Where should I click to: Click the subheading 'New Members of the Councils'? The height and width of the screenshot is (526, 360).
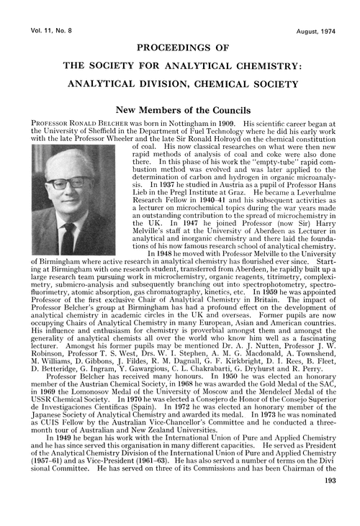pos(180,111)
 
